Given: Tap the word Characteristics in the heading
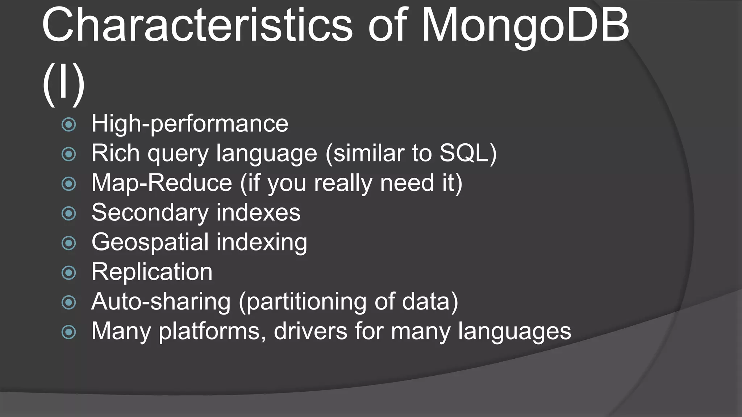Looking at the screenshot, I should click(x=197, y=25).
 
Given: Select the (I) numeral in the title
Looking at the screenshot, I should click(x=64, y=84).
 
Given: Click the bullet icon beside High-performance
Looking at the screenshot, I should click(x=69, y=125).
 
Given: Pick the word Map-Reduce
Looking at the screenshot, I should click(x=162, y=182).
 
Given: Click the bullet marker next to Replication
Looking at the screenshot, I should click(x=69, y=273).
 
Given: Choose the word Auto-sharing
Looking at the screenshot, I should click(x=161, y=302).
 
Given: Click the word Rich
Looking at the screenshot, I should click(x=115, y=153).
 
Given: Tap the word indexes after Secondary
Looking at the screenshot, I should click(x=258, y=212).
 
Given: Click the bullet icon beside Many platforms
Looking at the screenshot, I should click(x=69, y=332).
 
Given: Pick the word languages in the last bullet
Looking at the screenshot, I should click(x=514, y=332).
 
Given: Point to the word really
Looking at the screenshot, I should click(x=343, y=183).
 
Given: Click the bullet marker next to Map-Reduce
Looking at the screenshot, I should click(x=69, y=184).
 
